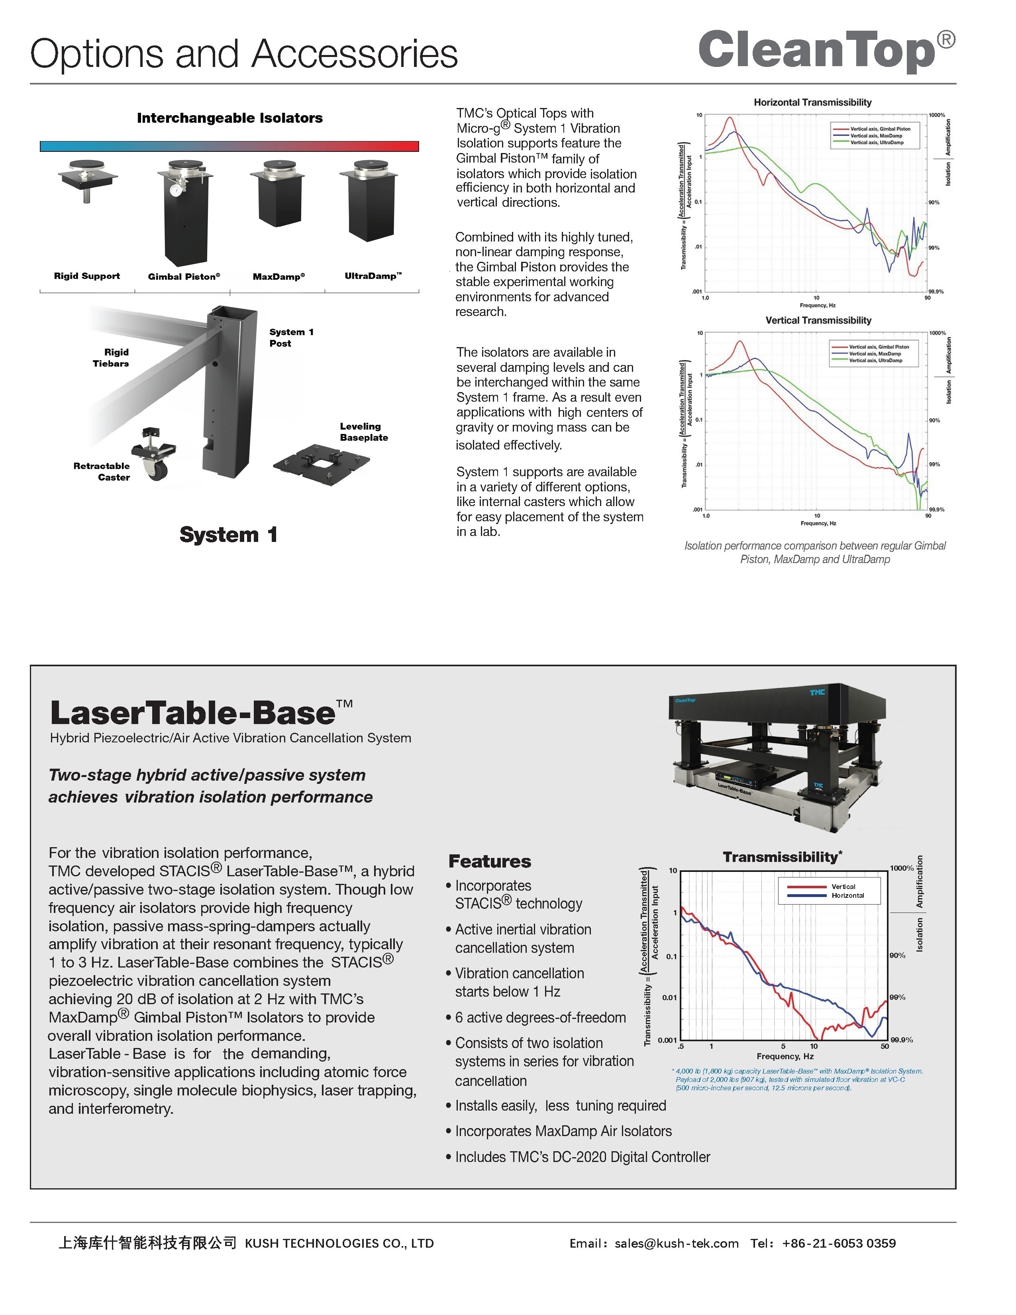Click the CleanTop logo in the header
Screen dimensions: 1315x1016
tap(826, 51)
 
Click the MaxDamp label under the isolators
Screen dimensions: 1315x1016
tap(279, 277)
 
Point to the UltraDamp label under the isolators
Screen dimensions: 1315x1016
tap(373, 276)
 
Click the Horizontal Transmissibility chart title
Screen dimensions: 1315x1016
tap(812, 102)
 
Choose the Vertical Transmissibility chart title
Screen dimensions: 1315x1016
tap(818, 320)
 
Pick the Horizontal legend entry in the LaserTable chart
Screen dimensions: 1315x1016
tap(847, 895)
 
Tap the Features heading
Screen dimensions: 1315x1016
tap(489, 861)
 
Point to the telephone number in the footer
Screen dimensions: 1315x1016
tap(838, 1243)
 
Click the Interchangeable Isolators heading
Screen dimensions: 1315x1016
tap(229, 118)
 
